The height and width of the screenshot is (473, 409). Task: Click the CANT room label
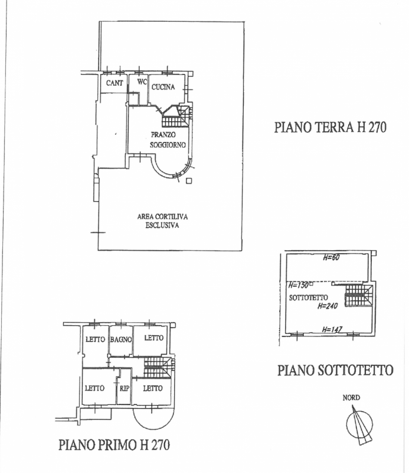point(114,83)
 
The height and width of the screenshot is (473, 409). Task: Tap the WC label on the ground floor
point(142,82)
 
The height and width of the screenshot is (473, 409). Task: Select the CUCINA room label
point(163,87)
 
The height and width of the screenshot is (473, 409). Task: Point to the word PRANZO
point(163,135)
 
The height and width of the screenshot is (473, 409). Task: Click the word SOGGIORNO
point(168,145)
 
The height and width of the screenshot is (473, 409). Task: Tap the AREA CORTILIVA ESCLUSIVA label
point(162,221)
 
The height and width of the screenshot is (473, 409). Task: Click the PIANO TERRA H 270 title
point(330,127)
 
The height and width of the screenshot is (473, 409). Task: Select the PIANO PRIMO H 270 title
point(114,445)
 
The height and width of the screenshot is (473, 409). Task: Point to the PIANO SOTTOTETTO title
point(335,370)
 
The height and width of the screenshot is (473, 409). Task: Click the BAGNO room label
point(121,339)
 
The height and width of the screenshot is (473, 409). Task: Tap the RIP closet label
point(125,388)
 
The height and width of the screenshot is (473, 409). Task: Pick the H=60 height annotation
point(331,258)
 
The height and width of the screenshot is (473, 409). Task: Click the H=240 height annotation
point(328,306)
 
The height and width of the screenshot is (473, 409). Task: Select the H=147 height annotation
point(332,329)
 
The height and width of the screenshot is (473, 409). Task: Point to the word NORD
point(351,397)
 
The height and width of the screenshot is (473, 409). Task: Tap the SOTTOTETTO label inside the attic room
point(309,298)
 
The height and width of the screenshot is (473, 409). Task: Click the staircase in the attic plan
point(358,296)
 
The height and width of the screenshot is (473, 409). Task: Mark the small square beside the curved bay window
point(189,181)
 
